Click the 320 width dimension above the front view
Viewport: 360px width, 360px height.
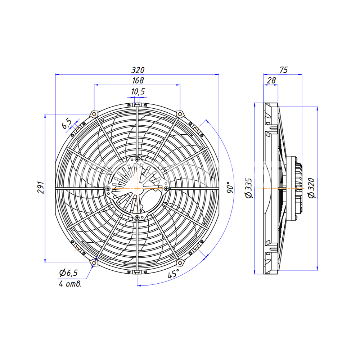coord(138,70)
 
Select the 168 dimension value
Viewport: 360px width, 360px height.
coord(138,81)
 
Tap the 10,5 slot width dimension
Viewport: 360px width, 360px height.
coord(138,91)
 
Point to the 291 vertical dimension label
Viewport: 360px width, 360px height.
coord(41,188)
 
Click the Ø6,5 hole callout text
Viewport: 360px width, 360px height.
coord(68,273)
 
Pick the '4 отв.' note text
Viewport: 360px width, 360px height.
coord(70,284)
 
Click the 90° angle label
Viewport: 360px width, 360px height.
coord(230,187)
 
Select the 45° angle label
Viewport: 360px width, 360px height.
coord(173,274)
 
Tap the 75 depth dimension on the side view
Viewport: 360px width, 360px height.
coord(284,70)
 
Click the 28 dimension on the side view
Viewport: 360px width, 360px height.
coord(271,81)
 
